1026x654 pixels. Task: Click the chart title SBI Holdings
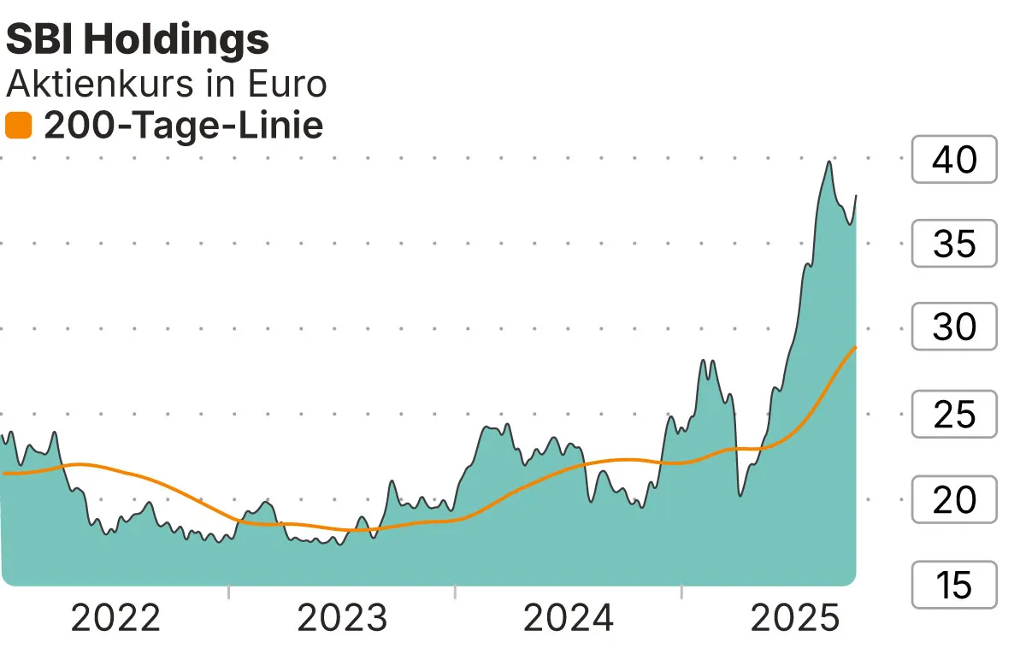(137, 39)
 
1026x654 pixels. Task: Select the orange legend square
(18, 127)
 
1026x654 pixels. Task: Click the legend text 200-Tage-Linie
(183, 127)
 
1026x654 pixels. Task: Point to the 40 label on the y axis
(954, 160)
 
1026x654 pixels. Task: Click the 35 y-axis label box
(954, 245)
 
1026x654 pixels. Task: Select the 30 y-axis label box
(954, 327)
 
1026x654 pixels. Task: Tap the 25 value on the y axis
(954, 415)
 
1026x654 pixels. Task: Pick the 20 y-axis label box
(954, 499)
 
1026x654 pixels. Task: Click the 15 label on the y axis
(954, 586)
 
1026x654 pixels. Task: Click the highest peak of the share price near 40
(828, 162)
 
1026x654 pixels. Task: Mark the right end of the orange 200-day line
(856, 346)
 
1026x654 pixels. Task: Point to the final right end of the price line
(856, 196)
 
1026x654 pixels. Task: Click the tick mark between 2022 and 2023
(228, 591)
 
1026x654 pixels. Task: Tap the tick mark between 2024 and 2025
(681, 591)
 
